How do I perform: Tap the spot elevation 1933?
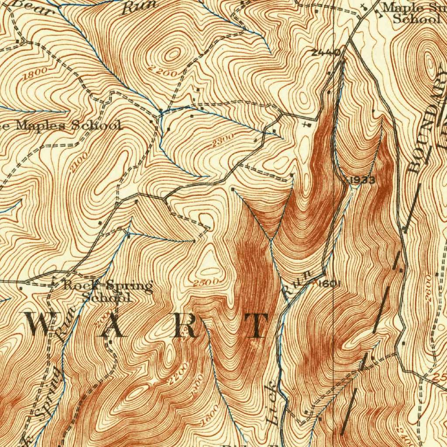(x=362, y=180)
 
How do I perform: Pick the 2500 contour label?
(x=206, y=282)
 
